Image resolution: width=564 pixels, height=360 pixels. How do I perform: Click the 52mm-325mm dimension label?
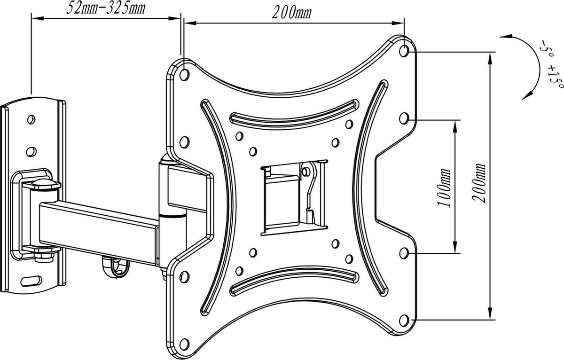pyautogui.click(x=106, y=8)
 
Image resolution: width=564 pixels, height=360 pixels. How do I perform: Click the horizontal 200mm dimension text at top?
pyautogui.click(x=291, y=13)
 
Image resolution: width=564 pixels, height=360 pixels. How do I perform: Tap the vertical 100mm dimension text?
pyautogui.click(x=444, y=188)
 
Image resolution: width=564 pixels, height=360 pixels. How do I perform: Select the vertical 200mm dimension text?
pyautogui.click(x=478, y=183)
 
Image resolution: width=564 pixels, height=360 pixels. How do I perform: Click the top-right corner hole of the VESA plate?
pyautogui.click(x=404, y=51)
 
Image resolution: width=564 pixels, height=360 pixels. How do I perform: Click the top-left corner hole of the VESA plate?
pyautogui.click(x=185, y=75)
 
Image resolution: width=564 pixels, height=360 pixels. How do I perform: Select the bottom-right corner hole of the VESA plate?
pyautogui.click(x=404, y=321)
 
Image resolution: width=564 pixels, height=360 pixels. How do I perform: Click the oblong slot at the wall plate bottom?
pyautogui.click(x=31, y=281)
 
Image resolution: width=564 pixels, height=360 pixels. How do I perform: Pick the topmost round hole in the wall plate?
pyautogui.click(x=31, y=119)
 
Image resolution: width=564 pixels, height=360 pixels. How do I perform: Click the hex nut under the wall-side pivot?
pyautogui.click(x=44, y=257)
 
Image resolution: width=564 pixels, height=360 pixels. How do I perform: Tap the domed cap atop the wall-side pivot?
pyautogui.click(x=41, y=184)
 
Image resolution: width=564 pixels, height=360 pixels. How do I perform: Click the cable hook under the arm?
pyautogui.click(x=116, y=266)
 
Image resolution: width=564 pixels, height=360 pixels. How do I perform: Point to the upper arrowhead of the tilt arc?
pyautogui.click(x=506, y=37)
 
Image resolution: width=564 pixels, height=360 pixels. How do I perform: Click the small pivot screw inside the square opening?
pyautogui.click(x=305, y=172)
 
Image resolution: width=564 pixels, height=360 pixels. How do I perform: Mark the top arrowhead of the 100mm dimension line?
pyautogui.click(x=455, y=126)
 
